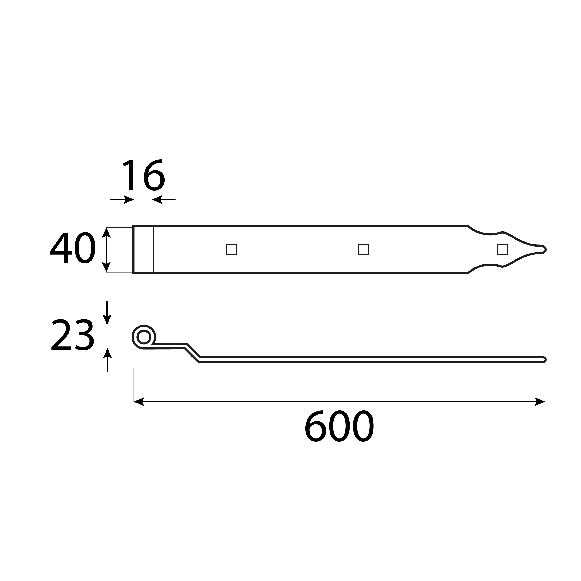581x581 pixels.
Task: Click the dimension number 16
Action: click(x=144, y=175)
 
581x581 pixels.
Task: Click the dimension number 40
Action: click(x=73, y=248)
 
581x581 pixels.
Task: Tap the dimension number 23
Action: click(x=73, y=334)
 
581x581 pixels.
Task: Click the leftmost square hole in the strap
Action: click(x=231, y=250)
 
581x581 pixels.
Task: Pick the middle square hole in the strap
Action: click(x=363, y=250)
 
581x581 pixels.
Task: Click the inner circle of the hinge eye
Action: click(x=144, y=337)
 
